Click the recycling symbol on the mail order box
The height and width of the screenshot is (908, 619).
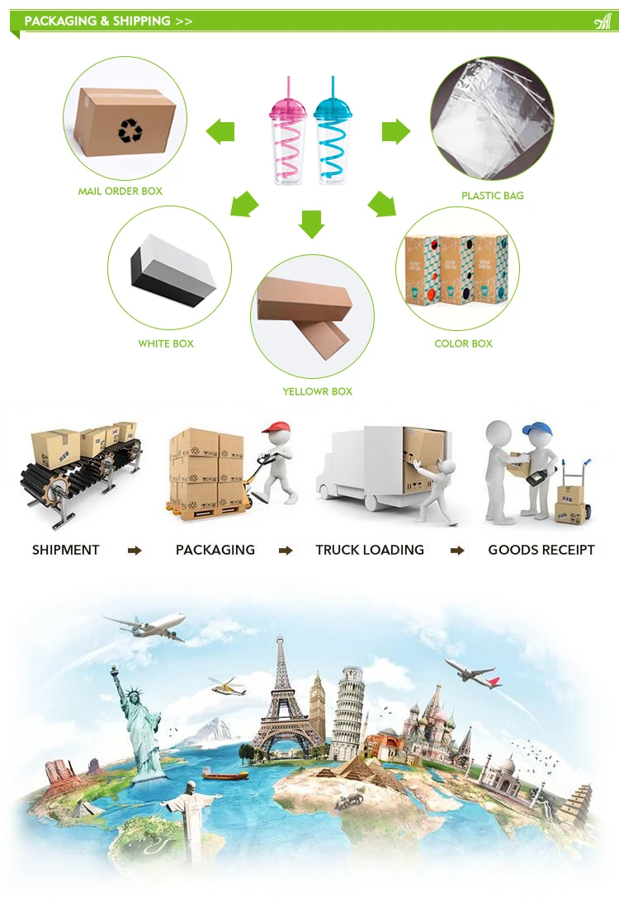(130, 130)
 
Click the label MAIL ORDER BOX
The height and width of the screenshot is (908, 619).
(120, 192)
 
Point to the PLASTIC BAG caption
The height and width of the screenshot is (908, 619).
(493, 196)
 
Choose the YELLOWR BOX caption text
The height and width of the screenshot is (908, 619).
(318, 391)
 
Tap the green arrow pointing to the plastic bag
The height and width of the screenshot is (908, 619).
(397, 130)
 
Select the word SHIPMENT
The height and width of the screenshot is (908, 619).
(66, 550)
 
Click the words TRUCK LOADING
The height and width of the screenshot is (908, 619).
(370, 550)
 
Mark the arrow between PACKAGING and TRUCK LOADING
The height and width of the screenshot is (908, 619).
(286, 551)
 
